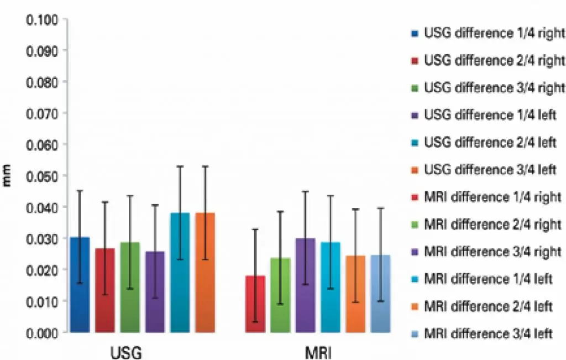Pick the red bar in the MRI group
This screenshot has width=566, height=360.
click(255, 304)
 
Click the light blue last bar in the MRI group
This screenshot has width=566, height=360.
click(381, 294)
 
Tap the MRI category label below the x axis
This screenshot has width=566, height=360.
click(318, 352)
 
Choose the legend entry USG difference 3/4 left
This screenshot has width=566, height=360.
click(490, 170)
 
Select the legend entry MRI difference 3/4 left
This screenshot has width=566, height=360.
click(489, 333)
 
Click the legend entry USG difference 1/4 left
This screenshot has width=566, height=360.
click(490, 115)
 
